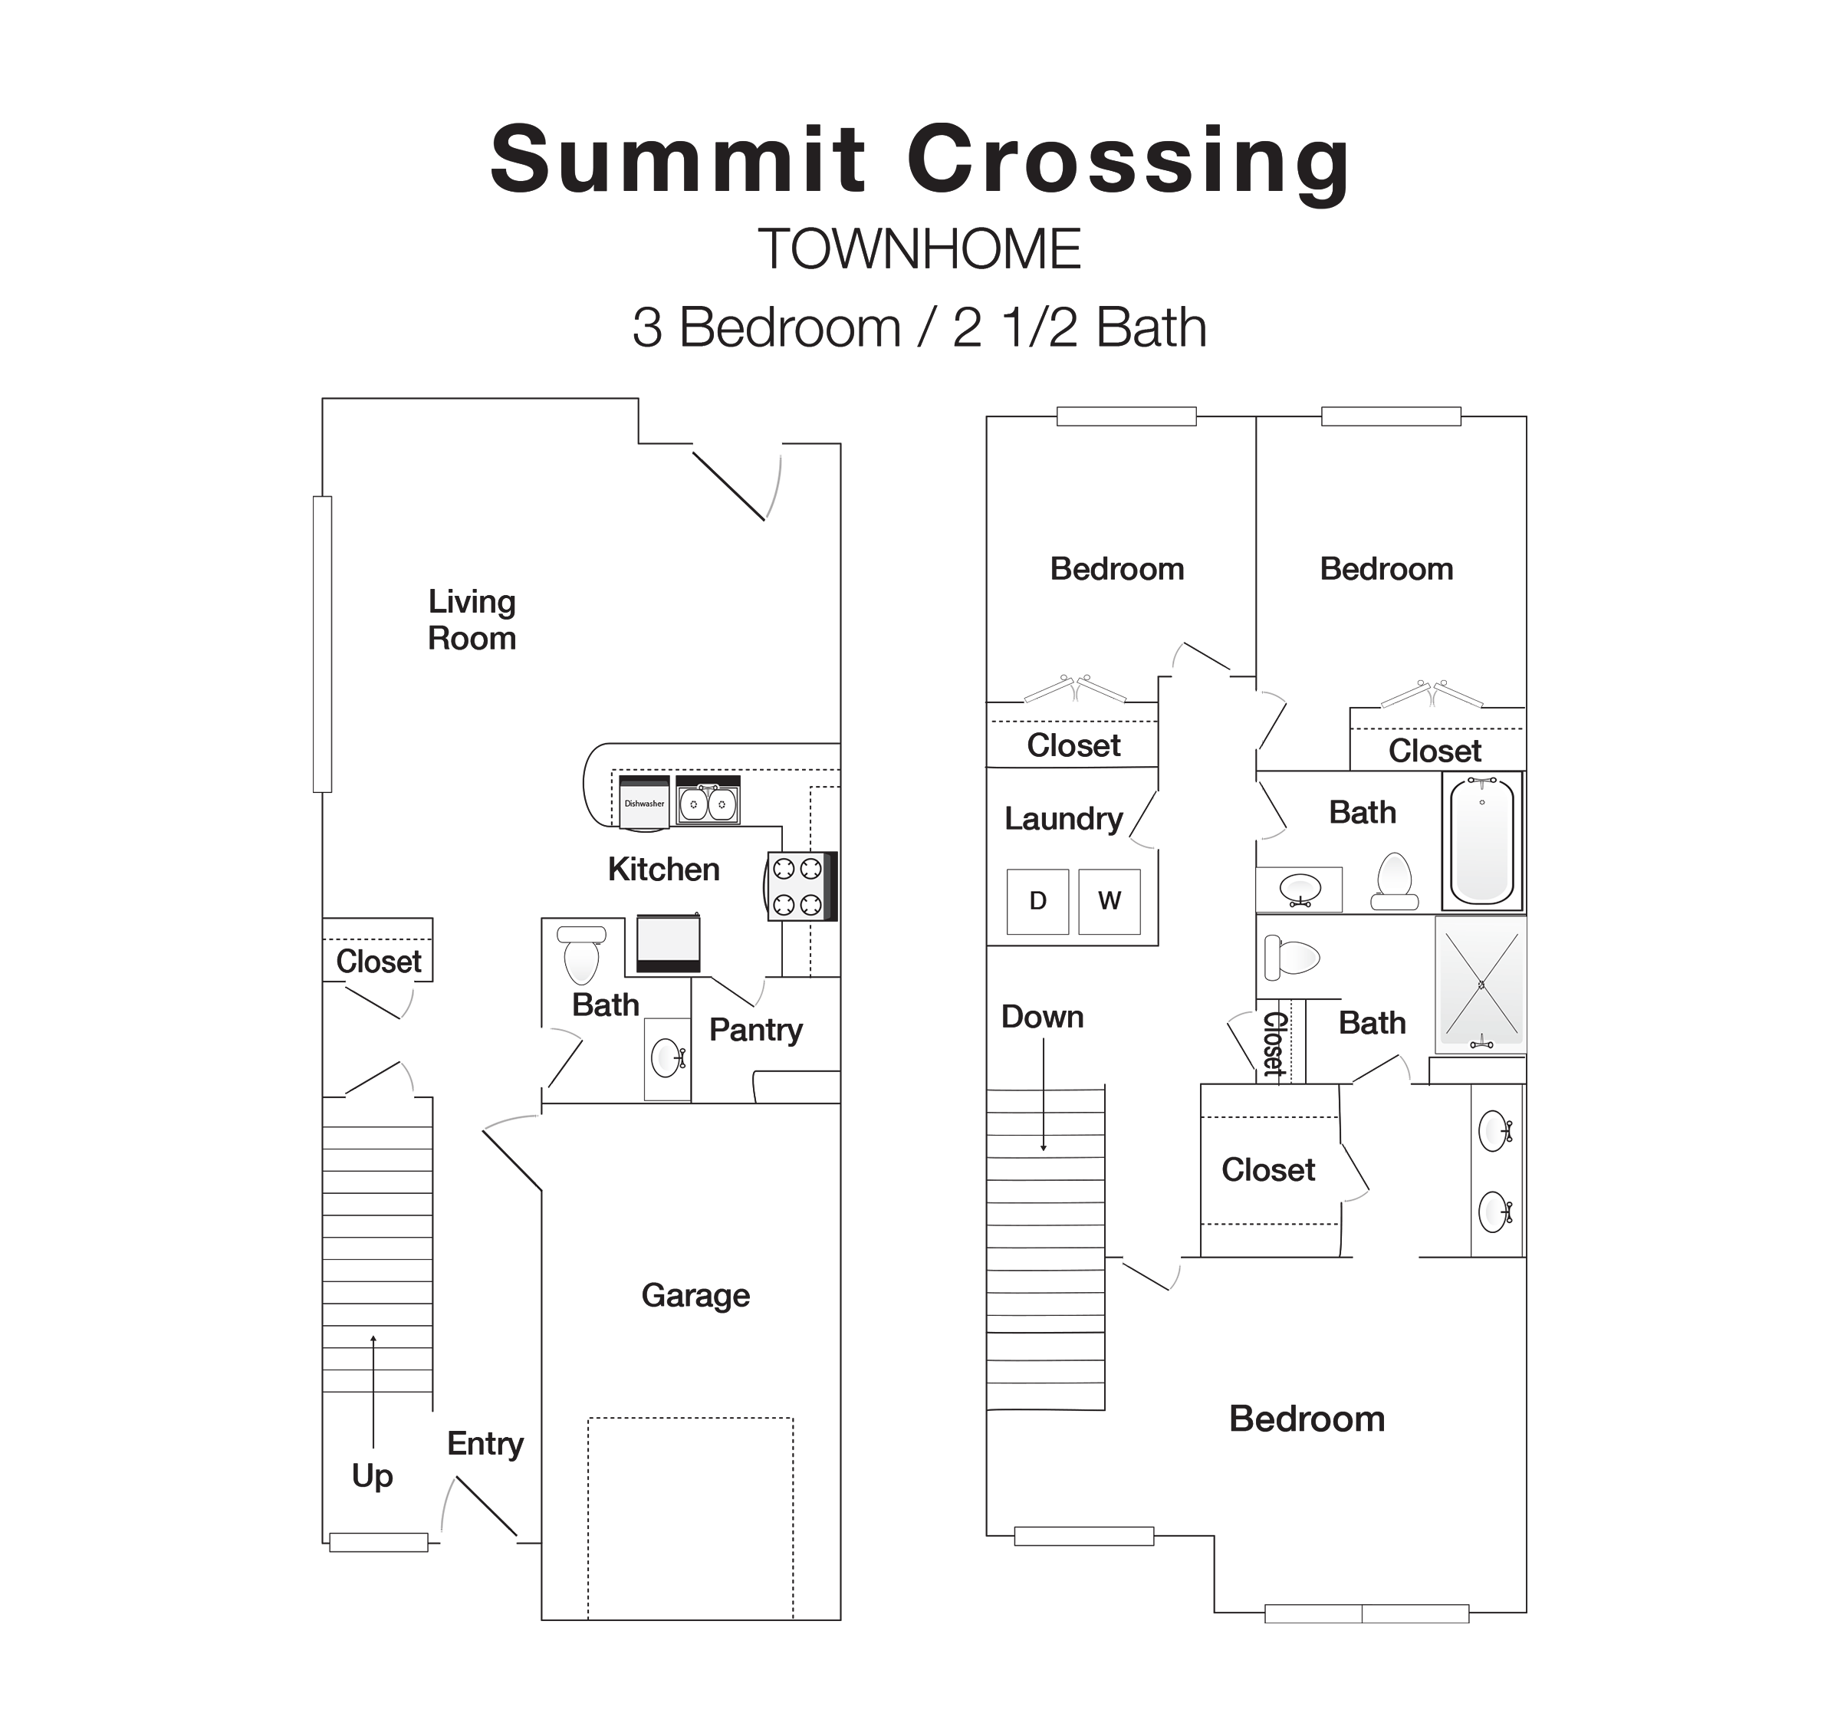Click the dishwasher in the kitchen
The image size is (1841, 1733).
pos(643,802)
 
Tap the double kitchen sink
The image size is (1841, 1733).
pos(708,803)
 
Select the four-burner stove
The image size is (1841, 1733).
pos(798,886)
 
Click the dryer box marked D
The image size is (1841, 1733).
pos(1037,900)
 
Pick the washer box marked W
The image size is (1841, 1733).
pos(1109,900)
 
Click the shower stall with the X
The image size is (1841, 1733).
pos(1481,984)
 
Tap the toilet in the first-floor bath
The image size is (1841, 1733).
pos(581,954)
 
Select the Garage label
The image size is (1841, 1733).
pos(695,1295)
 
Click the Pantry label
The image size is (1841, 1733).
pos(756,1030)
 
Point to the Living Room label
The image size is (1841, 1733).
pos(472,620)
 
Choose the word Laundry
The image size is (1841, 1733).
pos(1063,819)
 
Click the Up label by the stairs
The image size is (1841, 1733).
pos(373,1475)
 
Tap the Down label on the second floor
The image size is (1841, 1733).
pos(1042,1017)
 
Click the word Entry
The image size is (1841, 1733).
pos(485,1443)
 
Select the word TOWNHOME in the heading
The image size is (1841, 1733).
pos(919,249)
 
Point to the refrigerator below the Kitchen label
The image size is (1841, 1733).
pos(668,943)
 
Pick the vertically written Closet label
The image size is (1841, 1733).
pos(1275,1044)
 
